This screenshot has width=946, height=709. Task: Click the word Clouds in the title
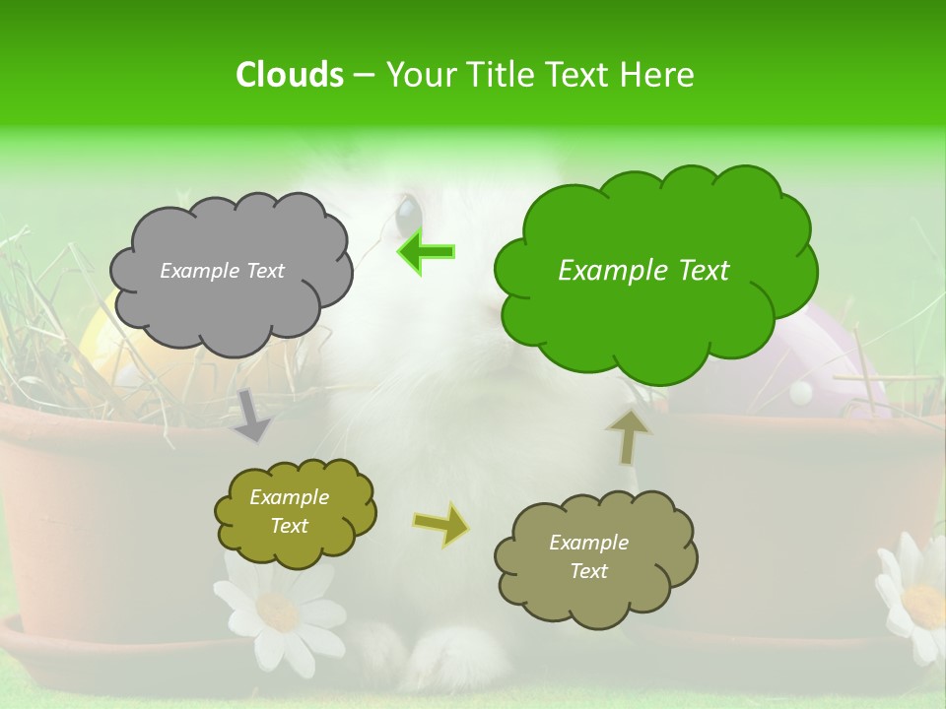(289, 75)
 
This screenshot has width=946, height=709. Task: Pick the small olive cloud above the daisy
(295, 511)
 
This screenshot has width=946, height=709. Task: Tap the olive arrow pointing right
(440, 524)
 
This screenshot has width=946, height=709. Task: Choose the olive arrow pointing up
(628, 436)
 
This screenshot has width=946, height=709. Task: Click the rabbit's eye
(407, 213)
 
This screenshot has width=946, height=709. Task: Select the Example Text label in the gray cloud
(222, 271)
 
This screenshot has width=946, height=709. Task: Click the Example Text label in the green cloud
(643, 271)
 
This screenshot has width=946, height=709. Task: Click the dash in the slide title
(364, 76)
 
